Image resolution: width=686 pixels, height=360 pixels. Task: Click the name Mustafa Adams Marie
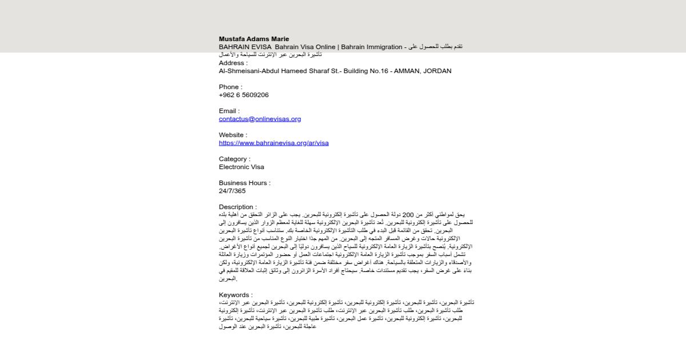coord(254,39)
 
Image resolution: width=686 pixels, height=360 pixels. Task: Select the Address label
coord(233,63)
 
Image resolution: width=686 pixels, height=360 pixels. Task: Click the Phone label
coord(230,87)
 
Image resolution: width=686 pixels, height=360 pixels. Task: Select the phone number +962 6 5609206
coord(244,95)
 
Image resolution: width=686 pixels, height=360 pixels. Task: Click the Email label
coord(229,111)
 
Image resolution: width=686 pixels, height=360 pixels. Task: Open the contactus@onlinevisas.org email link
coord(260,119)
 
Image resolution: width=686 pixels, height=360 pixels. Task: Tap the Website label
coord(233,135)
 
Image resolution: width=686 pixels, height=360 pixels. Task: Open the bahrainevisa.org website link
coord(273,143)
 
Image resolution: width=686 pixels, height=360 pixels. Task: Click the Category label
coord(234,159)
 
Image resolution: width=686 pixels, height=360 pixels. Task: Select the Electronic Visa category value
coord(241,167)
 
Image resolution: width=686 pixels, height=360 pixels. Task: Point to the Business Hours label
coord(245,183)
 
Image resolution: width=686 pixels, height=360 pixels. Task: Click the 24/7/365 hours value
coord(232,191)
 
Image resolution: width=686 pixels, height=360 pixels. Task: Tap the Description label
coord(238,207)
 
